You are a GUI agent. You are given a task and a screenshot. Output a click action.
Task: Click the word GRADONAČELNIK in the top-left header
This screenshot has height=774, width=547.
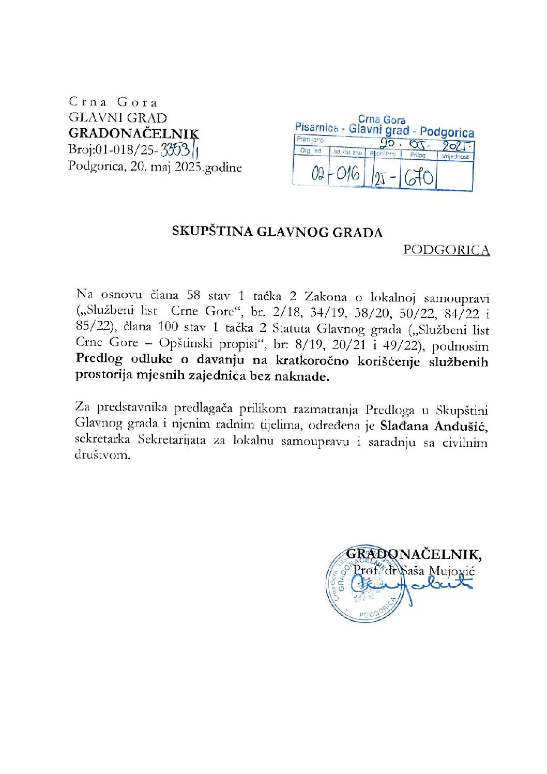pos(133,133)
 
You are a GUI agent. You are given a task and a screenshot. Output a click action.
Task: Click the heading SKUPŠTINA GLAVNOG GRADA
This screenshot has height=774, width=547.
pos(278,232)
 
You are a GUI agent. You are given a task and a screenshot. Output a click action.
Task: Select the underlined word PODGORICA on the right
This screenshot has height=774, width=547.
pos(446,250)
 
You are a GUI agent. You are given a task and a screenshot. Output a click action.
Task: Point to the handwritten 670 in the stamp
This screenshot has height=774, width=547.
pos(419,178)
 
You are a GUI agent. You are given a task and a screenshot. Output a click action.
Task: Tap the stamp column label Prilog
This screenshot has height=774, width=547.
pos(418,155)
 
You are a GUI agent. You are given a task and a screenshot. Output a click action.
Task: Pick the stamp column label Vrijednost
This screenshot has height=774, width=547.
pos(455,156)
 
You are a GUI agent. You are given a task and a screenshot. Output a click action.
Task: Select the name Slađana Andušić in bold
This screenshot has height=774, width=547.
pos(433,427)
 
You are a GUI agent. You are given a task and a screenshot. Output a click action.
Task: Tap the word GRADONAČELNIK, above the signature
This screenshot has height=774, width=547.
pos(414,554)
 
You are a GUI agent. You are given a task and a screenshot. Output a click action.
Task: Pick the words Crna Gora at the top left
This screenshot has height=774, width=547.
pos(113,102)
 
